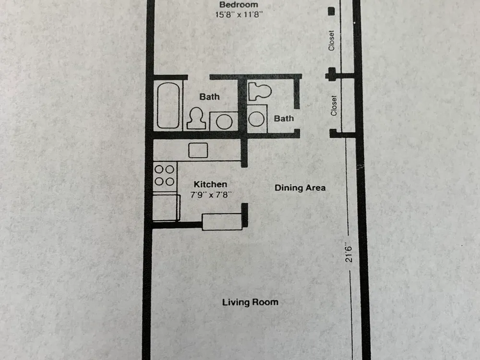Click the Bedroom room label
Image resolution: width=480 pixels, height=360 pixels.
point(239,5)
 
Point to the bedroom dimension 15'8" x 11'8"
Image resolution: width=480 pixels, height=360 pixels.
point(239,14)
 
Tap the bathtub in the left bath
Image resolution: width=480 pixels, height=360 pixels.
point(168,105)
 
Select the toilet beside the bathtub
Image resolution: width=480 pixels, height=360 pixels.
point(196,118)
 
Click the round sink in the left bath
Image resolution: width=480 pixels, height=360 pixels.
point(224,121)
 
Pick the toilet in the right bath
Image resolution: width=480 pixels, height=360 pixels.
point(260,91)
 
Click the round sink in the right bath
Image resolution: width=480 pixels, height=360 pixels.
point(256,119)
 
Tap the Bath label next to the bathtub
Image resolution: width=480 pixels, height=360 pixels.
point(209,97)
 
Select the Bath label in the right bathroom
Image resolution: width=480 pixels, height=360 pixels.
point(284,119)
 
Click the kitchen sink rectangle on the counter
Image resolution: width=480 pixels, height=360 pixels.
point(198,150)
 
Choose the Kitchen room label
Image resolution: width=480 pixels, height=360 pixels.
point(211,184)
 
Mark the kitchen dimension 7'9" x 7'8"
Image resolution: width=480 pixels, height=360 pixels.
point(211,195)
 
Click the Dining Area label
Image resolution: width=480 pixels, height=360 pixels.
point(300,188)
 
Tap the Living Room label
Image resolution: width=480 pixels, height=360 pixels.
point(251,302)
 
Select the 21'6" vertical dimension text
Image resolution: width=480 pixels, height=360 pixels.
point(348,252)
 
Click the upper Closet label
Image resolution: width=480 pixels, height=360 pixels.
point(331,40)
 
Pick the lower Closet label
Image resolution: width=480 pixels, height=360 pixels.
point(334,106)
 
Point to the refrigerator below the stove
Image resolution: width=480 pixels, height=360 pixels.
point(166,207)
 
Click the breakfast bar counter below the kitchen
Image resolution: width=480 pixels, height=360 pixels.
point(223,222)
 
